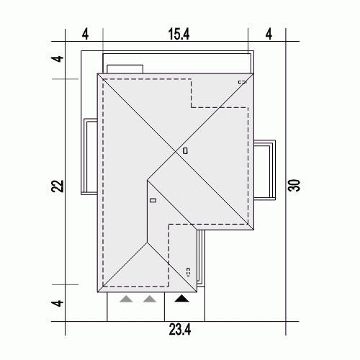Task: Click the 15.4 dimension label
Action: coord(179,34)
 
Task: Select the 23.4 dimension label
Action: coord(180,330)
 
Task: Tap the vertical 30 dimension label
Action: coord(294,185)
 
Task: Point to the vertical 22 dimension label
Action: coord(58,186)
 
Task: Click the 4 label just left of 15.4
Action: coord(85,34)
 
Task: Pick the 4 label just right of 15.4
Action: coord(269,34)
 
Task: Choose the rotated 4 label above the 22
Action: coord(58,59)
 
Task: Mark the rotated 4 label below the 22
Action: coord(58,303)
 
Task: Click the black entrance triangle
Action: coord(181,299)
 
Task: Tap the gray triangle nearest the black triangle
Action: coord(150,299)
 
